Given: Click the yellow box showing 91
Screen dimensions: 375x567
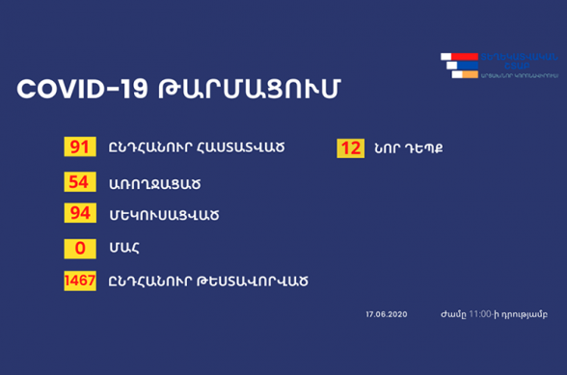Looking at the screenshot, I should point(77,148).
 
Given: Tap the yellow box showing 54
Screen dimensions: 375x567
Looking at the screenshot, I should point(77,181).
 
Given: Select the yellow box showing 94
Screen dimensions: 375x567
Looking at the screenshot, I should point(77,213).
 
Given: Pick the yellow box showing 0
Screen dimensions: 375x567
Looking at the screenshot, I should point(77,247).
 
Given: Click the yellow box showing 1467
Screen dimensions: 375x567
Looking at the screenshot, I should point(77,281).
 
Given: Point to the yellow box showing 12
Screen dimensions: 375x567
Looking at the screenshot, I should point(349,148).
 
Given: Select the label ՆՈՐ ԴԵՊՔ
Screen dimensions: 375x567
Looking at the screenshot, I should point(407,149).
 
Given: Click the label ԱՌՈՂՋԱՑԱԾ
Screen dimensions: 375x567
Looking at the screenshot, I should point(147,182).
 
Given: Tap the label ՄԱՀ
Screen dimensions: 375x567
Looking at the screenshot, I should point(122,248).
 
